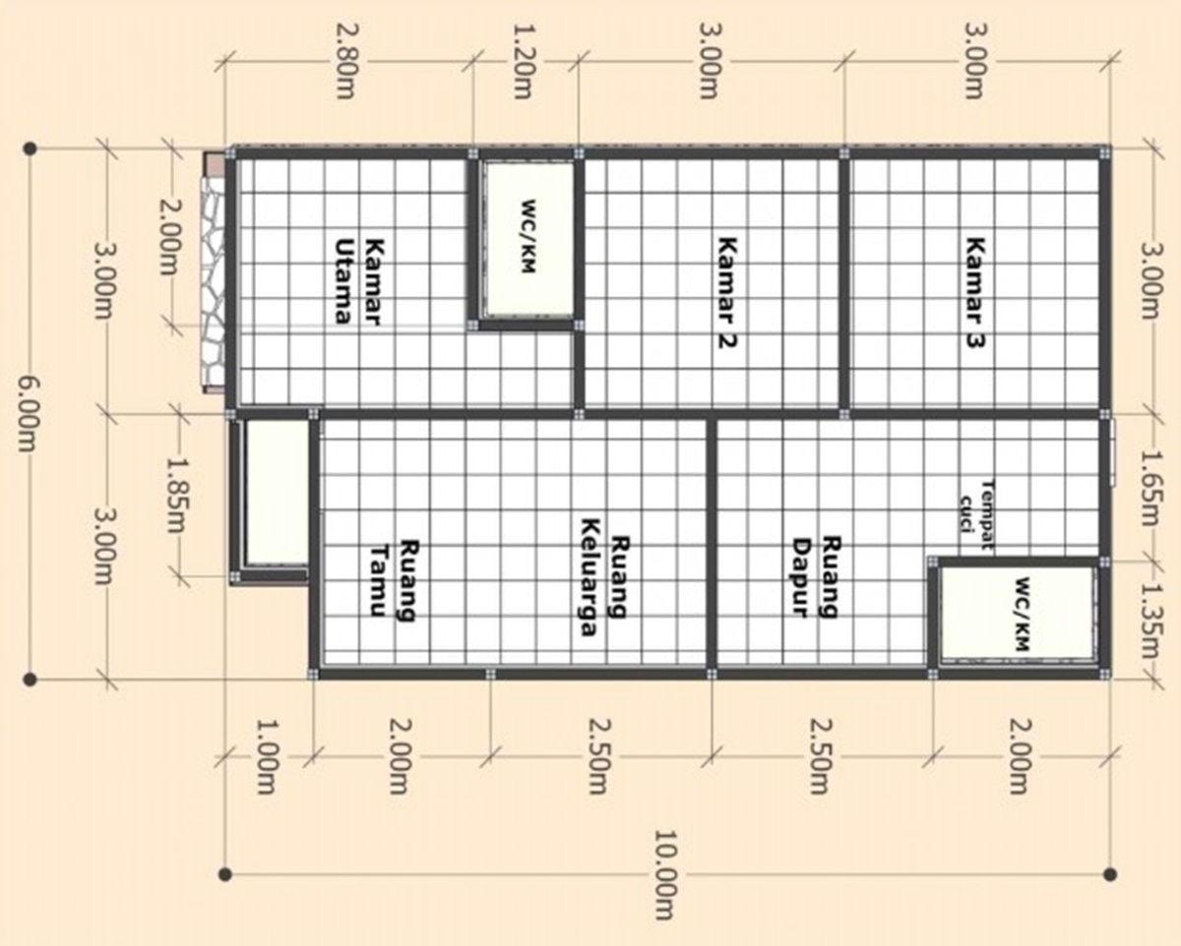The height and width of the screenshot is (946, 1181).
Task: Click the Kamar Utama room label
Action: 358,280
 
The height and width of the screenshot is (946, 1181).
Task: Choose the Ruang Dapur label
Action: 816,577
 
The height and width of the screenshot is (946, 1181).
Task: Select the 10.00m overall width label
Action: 667,886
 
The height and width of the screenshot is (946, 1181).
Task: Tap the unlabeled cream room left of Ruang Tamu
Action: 275,492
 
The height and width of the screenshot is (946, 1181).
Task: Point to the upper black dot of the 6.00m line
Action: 31,148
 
